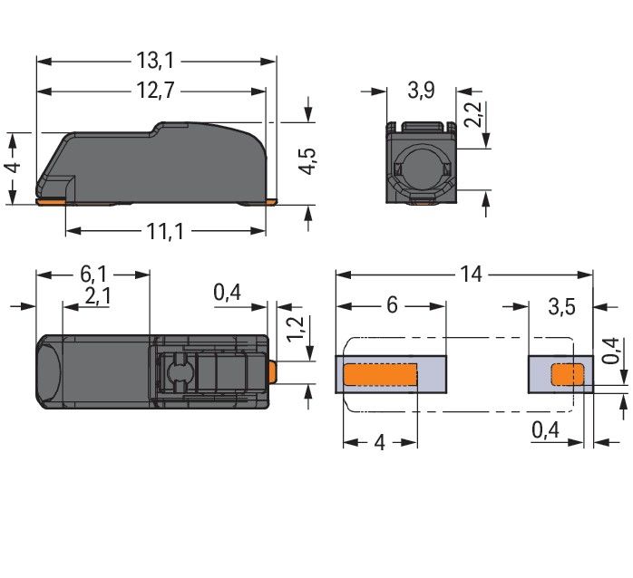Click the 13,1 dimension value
155,61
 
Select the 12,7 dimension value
155,90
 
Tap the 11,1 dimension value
165,231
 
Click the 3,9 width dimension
421,90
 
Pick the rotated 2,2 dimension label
472,114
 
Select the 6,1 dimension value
93,275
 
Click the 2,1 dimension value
98,296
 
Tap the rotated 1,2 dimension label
295,329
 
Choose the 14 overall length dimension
471,275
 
